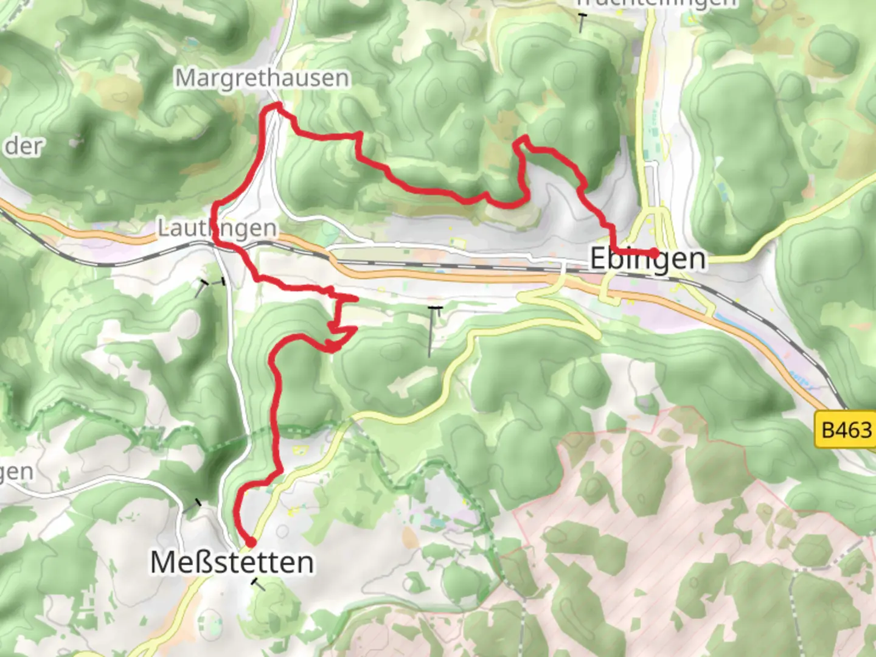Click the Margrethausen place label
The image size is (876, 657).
262,78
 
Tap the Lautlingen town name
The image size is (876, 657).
217,228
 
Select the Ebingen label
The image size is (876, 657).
648,259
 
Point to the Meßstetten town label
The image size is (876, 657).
232,562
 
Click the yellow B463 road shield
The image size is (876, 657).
846,430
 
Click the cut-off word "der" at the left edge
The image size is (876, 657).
24,147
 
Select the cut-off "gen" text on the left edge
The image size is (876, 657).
16,472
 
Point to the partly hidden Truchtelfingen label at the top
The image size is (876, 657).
656,3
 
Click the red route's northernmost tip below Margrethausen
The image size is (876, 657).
277,106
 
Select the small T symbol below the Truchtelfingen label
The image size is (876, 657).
582,23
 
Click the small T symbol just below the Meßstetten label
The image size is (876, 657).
259,585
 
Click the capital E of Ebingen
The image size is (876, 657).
599,259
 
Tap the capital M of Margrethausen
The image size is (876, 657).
185,78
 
